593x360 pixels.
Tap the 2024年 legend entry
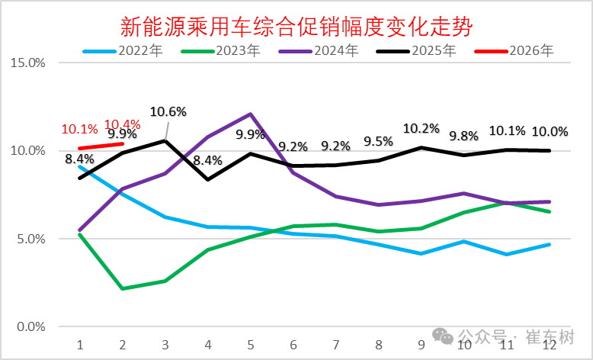(321, 51)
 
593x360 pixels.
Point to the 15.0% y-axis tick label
(27, 63)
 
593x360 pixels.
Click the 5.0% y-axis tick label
(30, 239)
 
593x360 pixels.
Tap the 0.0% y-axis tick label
(30, 327)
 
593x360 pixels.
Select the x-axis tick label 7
(336, 345)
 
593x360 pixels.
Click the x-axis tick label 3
(165, 345)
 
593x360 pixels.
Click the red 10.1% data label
(79, 129)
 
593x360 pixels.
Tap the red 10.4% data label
(122, 124)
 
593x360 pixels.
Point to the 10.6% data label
(168, 111)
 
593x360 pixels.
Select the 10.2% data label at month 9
(422, 128)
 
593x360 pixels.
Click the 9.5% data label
(379, 141)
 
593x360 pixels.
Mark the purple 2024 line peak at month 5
(251, 114)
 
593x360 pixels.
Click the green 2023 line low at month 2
(123, 288)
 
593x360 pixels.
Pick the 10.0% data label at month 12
(550, 131)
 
